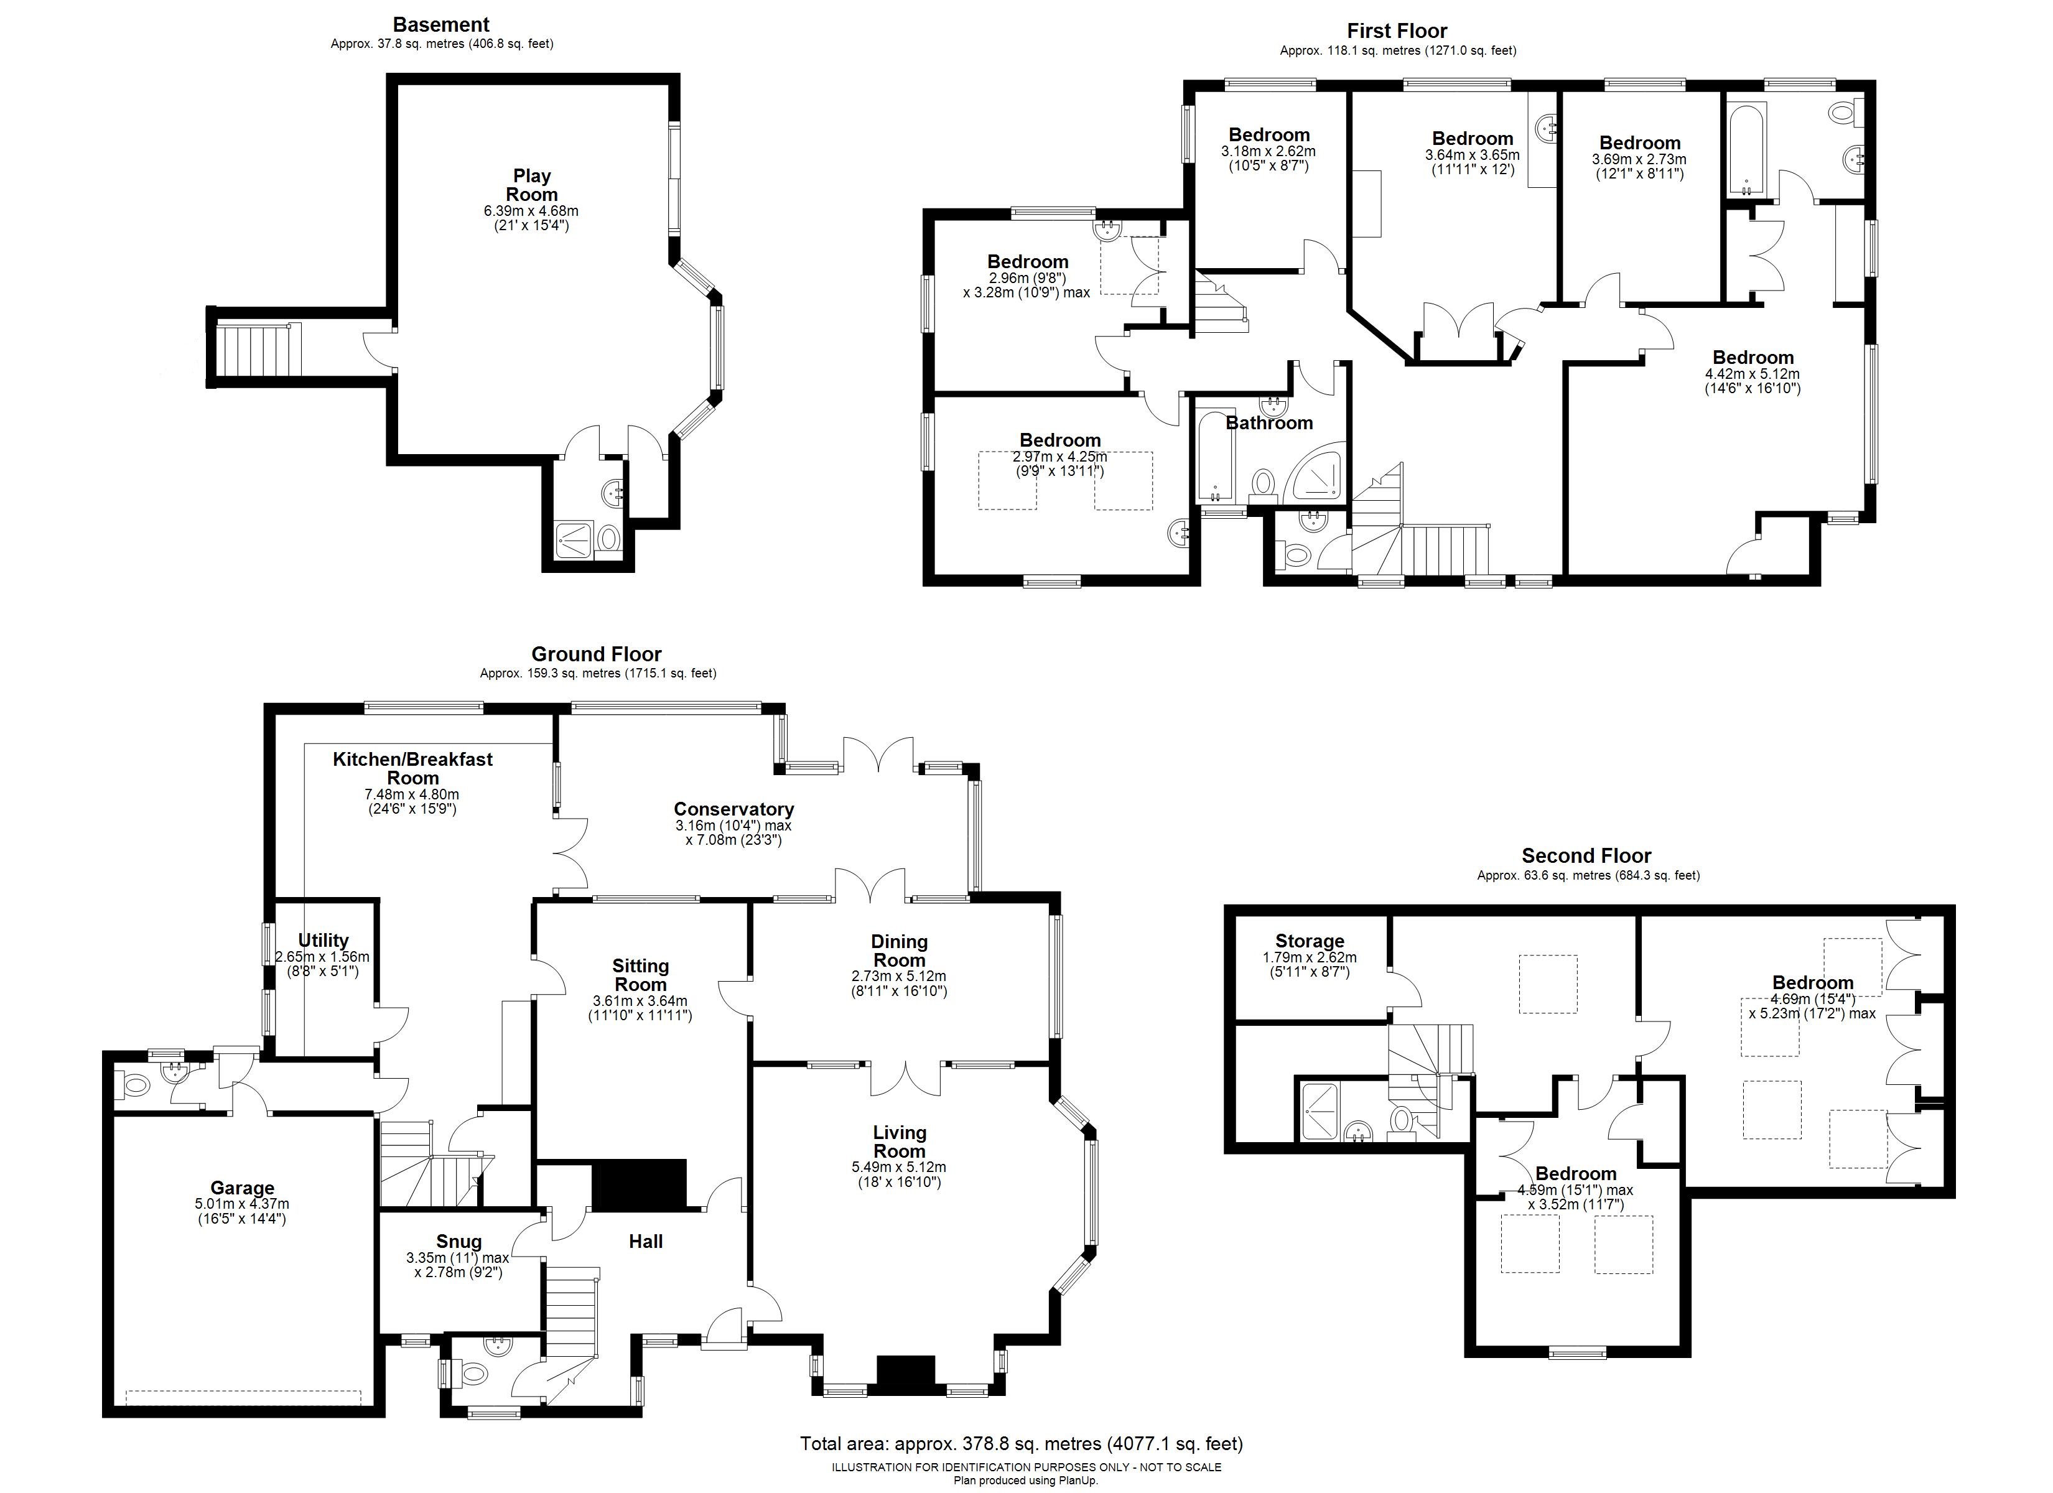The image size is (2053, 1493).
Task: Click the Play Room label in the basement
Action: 531,185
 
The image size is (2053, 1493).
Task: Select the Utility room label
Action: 323,940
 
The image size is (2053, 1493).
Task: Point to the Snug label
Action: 459,1241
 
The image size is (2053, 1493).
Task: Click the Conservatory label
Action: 733,809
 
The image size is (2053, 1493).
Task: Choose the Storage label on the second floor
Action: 1309,941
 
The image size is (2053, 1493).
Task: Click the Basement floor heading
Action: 441,24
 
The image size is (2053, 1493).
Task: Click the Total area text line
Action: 1021,1443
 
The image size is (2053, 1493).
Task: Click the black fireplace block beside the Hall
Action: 639,1184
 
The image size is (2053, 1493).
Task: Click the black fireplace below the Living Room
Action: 905,1374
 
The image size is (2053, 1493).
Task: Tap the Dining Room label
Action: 899,951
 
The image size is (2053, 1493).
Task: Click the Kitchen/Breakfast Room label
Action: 412,768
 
